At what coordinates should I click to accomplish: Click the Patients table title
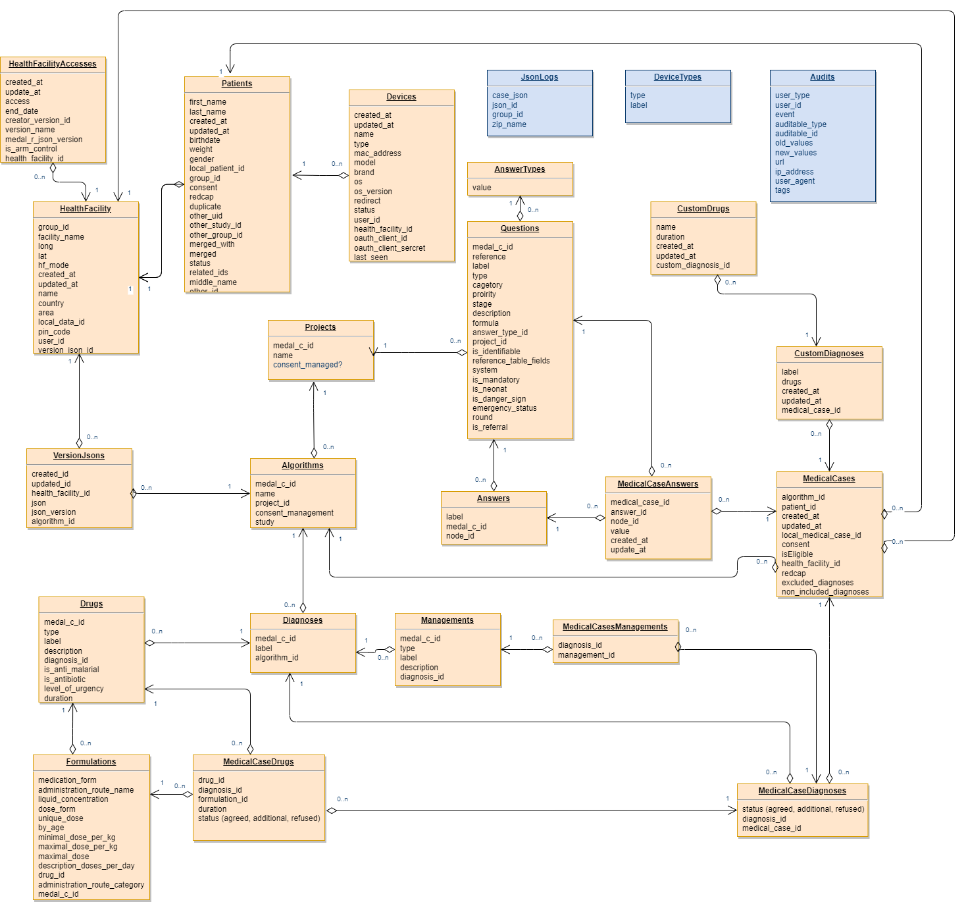[x=237, y=84]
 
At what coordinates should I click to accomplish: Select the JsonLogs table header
[x=539, y=77]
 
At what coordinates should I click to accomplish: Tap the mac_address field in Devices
[x=377, y=153]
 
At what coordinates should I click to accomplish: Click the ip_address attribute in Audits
[x=794, y=172]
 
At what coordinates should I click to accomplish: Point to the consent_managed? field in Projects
[x=307, y=365]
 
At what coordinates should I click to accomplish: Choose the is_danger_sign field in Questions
[x=499, y=399]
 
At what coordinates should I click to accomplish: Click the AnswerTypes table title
[x=519, y=169]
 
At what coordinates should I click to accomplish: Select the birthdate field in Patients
[x=205, y=140]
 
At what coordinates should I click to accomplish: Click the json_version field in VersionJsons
[x=53, y=512]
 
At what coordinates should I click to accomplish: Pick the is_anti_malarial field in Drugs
[x=71, y=670]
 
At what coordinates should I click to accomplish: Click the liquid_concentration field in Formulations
[x=73, y=799]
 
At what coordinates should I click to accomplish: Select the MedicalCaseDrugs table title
[x=258, y=762]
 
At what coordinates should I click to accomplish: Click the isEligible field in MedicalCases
[x=797, y=554]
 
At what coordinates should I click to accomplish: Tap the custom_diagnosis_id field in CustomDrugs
[x=692, y=265]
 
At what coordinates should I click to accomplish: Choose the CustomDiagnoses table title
[x=828, y=354]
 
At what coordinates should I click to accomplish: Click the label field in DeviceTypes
[x=638, y=105]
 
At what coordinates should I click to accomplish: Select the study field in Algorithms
[x=265, y=522]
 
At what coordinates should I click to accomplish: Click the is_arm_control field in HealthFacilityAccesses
[x=31, y=149]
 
